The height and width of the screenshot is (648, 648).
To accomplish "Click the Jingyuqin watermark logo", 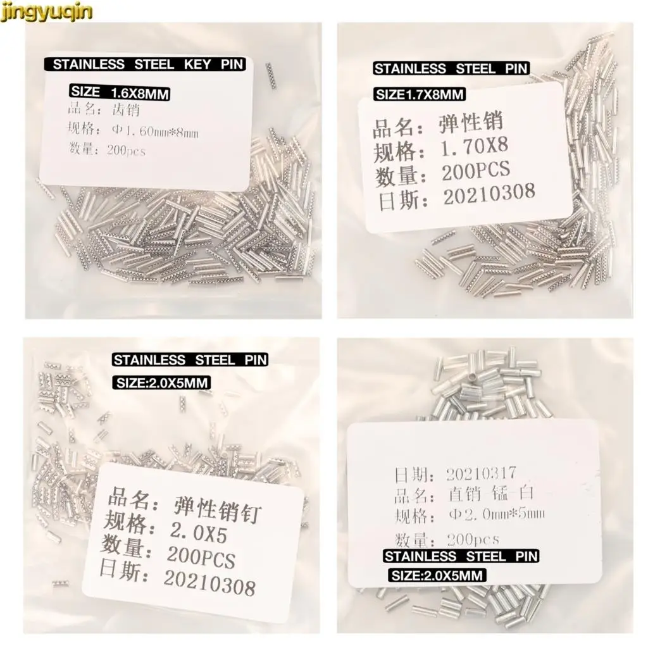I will click(x=47, y=11).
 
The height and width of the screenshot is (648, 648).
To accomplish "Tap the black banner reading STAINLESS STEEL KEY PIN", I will click(x=148, y=65).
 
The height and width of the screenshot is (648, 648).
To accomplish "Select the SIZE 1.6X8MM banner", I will click(x=120, y=93).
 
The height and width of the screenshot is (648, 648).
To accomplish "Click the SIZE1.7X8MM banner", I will click(x=420, y=95).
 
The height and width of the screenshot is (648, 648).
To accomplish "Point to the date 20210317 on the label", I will click(x=481, y=473).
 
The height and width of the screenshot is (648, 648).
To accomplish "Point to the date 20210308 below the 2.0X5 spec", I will click(x=209, y=583).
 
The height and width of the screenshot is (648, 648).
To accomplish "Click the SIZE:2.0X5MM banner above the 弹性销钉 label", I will click(x=161, y=382).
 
